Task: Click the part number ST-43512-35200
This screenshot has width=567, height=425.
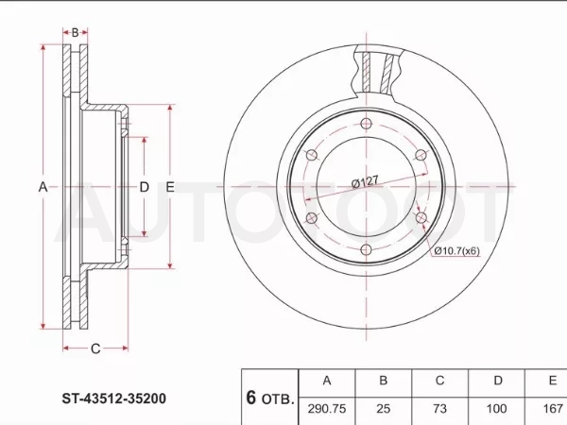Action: pyautogui.click(x=114, y=399)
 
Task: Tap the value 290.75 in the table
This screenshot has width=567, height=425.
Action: pyautogui.click(x=327, y=409)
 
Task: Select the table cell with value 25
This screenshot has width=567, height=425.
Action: pyautogui.click(x=384, y=409)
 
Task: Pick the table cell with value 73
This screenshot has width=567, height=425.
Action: pyautogui.click(x=440, y=409)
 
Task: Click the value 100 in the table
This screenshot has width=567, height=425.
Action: pyautogui.click(x=496, y=409)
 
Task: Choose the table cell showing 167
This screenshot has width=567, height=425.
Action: pyautogui.click(x=553, y=409)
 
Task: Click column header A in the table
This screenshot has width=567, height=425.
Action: pyautogui.click(x=327, y=381)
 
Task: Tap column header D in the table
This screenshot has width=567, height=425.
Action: pyautogui.click(x=498, y=381)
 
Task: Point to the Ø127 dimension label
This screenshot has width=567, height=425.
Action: pyautogui.click(x=365, y=181)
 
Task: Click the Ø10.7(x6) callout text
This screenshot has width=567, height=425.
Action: pyautogui.click(x=457, y=250)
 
